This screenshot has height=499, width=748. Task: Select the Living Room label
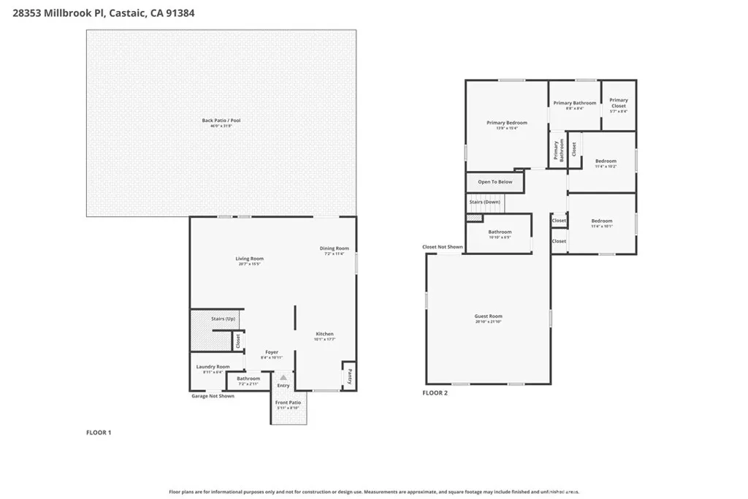coord(250,259)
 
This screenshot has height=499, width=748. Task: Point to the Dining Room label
coord(335,248)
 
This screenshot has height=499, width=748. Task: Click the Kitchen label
coord(324,334)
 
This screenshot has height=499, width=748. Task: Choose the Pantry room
coord(349,376)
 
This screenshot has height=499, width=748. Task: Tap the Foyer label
coord(272,352)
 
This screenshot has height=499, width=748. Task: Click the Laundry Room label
coord(213,367)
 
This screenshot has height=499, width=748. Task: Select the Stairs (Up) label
coord(223,319)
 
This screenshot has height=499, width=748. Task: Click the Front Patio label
coord(288,403)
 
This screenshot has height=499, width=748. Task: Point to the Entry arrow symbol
coord(283,377)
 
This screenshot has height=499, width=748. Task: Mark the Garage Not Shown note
coord(213,396)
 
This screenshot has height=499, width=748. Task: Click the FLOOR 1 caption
coord(99,433)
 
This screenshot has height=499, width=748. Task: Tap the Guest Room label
coord(488,316)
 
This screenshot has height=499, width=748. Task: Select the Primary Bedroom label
coord(506,123)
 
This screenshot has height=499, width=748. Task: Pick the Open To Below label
coord(495,182)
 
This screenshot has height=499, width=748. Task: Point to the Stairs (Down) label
coord(484,202)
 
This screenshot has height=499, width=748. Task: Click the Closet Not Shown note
coord(442,247)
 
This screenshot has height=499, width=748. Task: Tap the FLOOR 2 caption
coord(435,393)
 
